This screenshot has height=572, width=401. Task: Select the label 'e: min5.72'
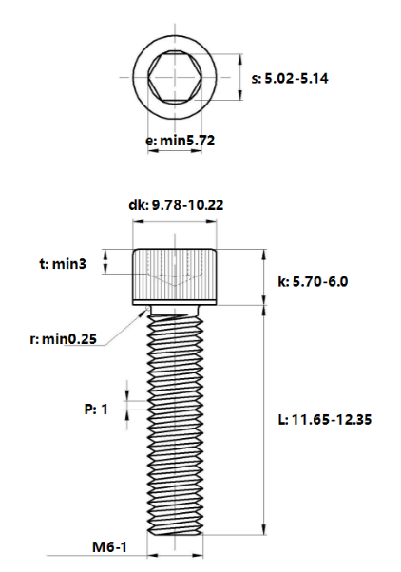(x=181, y=140)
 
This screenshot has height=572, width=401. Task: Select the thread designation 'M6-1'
(x=110, y=548)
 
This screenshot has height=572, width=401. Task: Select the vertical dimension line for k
(x=263, y=277)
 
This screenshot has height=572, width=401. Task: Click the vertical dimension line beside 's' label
(x=239, y=78)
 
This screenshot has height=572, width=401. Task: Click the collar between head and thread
(x=177, y=309)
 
